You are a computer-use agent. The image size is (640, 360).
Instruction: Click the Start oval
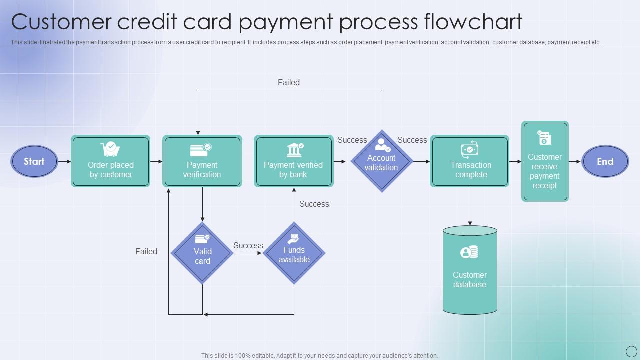[x=34, y=161]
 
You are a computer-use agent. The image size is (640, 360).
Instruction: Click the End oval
[x=605, y=161]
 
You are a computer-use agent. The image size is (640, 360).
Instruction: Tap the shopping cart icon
[x=110, y=149]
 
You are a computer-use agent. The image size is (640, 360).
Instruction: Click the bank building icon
[x=294, y=149]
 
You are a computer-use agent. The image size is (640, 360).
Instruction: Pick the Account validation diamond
[x=382, y=161]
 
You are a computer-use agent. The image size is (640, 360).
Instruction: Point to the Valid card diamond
[x=202, y=253]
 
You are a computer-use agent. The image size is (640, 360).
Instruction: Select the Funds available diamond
[x=294, y=253]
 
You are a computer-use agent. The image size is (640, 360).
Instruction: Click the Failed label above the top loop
[x=289, y=82]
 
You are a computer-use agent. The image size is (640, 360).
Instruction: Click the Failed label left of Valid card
[x=146, y=251]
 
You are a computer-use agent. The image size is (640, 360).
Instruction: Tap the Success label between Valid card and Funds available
[x=248, y=245]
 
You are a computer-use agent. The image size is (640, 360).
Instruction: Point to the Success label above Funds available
[x=314, y=204]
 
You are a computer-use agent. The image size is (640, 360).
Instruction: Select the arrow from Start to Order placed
[x=65, y=161]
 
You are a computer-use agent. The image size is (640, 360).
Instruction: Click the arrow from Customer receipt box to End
[x=575, y=161]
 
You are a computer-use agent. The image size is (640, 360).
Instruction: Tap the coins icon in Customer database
[x=469, y=252]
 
